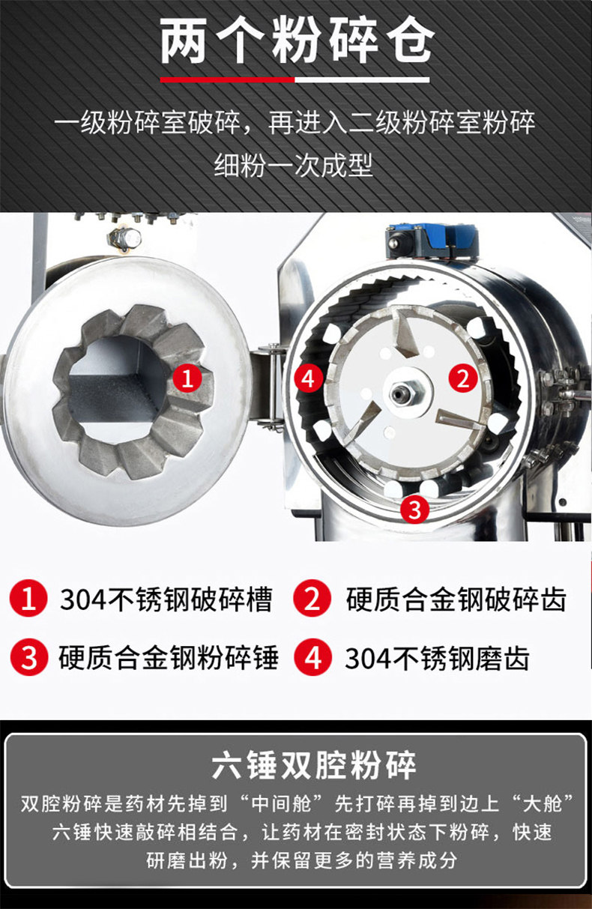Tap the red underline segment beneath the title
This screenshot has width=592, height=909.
pos(227,79)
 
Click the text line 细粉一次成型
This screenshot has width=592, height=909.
pos(293,166)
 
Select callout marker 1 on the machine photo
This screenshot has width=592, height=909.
pos(187,378)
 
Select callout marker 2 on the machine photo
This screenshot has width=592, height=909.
pos(463,378)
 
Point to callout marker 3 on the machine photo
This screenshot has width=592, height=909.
pos(414,510)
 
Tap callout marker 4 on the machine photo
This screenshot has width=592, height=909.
pos(309,378)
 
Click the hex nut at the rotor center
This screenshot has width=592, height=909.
pos(402,393)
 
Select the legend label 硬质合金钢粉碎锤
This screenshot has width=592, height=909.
pos(169,657)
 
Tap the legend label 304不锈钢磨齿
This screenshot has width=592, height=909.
pos(437,657)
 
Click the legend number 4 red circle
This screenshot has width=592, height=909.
pos(312,657)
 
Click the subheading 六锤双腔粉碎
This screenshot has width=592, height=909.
pos(314,765)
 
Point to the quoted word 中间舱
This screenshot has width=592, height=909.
pos(281,803)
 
